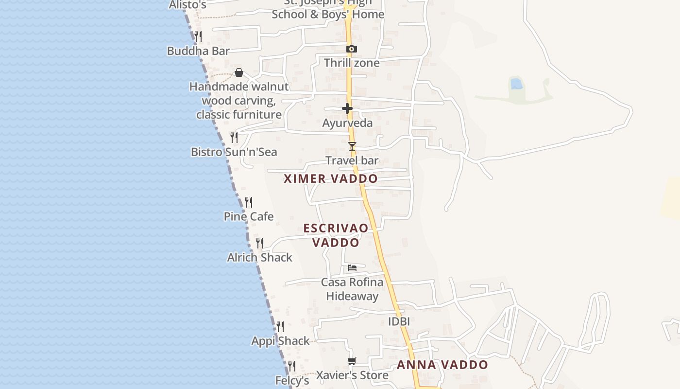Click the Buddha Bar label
click(198, 51)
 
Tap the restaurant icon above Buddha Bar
click(198, 36)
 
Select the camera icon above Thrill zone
click(352, 49)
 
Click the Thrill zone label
click(352, 63)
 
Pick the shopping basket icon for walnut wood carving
click(239, 73)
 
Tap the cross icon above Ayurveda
click(347, 108)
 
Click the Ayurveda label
click(347, 123)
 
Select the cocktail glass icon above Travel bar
click(352, 146)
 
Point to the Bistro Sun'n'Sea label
click(234, 152)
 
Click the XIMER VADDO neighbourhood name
click(331, 178)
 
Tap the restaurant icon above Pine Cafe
click(249, 202)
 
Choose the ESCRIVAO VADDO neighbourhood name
click(336, 235)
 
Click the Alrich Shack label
click(260, 257)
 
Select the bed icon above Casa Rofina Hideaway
click(352, 267)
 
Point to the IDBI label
click(399, 321)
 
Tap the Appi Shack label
click(280, 341)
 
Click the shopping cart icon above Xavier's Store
click(352, 361)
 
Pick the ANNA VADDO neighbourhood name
click(442, 365)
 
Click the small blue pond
click(516, 84)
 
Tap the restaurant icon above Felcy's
click(292, 366)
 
